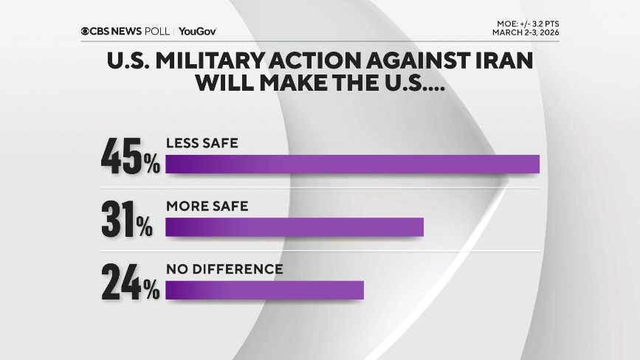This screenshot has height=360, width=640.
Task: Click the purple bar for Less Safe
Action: pos(352,164)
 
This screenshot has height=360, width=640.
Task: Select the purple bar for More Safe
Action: pos(294,227)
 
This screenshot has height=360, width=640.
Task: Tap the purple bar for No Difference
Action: pos(264,290)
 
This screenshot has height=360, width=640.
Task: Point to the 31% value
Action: pos(127,221)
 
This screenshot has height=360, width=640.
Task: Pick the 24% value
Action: pos(131,284)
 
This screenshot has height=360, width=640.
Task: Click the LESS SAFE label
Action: pos(202,143)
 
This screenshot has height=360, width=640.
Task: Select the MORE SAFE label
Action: pos(207,206)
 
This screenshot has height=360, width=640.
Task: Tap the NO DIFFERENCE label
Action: pos(224,269)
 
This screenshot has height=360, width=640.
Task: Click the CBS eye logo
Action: pos(86,31)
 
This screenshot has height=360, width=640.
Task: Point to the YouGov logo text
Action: pos(197,31)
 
